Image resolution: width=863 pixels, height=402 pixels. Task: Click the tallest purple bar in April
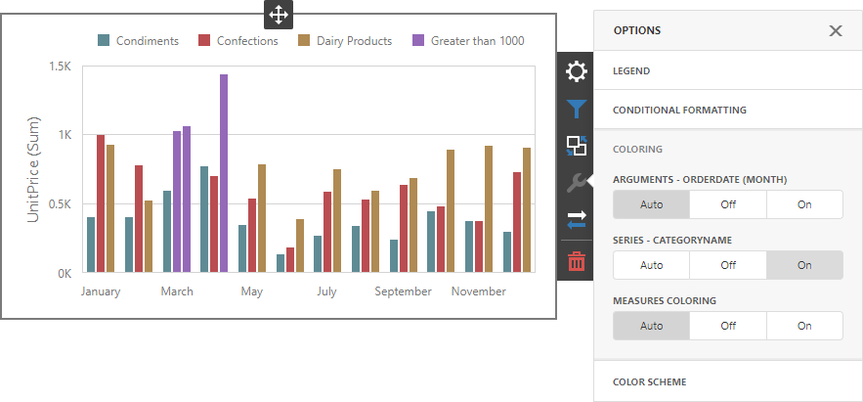point(224,173)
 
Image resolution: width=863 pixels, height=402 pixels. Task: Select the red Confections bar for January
point(101,203)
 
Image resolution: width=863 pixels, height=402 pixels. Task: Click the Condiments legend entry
point(138,41)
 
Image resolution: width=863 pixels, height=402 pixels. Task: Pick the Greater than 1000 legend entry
point(468,41)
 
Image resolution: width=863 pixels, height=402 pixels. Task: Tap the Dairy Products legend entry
point(345,41)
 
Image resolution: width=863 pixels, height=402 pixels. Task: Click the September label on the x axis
point(403,291)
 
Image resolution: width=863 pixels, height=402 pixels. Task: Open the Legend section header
point(631,71)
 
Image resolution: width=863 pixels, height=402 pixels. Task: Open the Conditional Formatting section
point(679,110)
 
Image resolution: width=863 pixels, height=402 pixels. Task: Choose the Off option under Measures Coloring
point(728,326)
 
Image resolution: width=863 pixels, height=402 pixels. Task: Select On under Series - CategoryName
point(804,265)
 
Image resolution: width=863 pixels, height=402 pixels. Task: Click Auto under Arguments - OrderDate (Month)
point(651,204)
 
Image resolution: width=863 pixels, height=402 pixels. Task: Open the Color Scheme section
point(650,381)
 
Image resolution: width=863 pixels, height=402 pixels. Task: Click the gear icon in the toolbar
point(577,71)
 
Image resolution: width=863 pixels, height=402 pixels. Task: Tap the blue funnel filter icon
point(577,109)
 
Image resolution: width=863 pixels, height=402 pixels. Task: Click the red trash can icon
point(577,261)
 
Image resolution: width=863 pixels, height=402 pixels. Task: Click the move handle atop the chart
point(278,15)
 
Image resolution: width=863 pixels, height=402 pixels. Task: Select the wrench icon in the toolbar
point(577,184)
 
